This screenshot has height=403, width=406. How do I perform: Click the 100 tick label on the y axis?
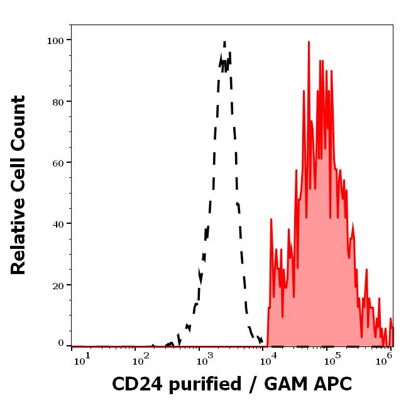[x=55, y=40]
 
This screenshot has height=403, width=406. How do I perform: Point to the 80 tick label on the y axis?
[x=58, y=101]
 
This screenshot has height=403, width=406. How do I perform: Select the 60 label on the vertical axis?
[x=58, y=162]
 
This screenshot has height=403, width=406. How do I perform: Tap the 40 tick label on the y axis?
[x=58, y=223]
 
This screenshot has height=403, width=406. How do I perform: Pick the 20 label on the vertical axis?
[x=58, y=285]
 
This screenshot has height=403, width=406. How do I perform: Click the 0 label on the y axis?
[x=61, y=343]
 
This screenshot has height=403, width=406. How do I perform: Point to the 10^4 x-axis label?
[x=270, y=358]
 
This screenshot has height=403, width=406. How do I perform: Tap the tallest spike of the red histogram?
[x=309, y=41]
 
